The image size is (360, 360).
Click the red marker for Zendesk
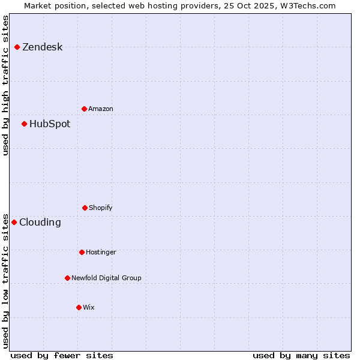(x=17, y=47)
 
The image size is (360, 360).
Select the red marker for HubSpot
(x=25, y=124)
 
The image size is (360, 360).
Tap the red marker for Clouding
(x=14, y=223)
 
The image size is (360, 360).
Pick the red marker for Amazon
(x=85, y=109)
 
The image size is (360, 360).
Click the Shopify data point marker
(x=85, y=208)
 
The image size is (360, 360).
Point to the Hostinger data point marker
(x=82, y=253)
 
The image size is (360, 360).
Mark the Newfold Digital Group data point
(x=68, y=278)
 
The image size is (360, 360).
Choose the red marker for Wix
(x=79, y=308)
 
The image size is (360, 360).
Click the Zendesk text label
(x=42, y=47)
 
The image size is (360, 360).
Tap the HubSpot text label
(x=50, y=124)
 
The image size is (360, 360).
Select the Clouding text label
(x=40, y=223)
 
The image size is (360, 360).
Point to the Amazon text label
(x=101, y=109)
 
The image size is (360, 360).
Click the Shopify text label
(x=101, y=208)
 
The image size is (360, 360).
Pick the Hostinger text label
(x=101, y=253)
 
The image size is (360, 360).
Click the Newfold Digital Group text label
(x=106, y=278)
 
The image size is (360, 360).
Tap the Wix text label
(x=89, y=308)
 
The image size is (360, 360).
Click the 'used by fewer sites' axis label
(x=62, y=355)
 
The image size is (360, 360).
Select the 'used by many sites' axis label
(x=301, y=355)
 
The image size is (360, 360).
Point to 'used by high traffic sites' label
(x=6, y=85)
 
